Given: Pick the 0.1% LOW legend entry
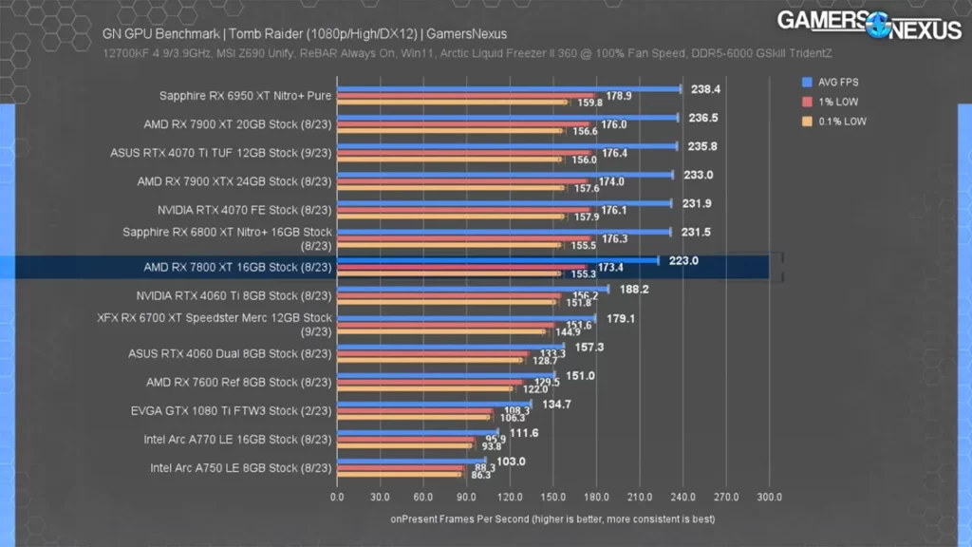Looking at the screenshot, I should point(837,121).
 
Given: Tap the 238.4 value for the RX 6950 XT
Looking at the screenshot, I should point(705,89).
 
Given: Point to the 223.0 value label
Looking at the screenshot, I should point(682,260).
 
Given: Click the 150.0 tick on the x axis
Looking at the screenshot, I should point(553,496).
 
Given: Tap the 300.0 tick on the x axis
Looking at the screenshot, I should point(769,496).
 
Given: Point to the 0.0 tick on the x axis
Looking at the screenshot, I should point(337,496).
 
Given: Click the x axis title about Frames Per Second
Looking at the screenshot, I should point(552,519).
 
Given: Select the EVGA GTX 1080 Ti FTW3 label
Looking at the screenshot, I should point(231,411).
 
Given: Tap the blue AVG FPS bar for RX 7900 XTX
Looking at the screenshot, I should point(504,175).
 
